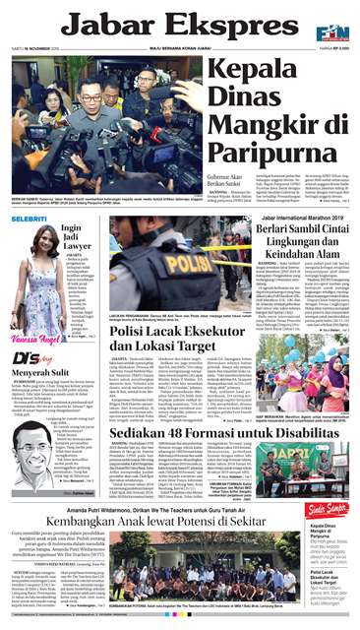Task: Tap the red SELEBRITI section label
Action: [29, 218]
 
